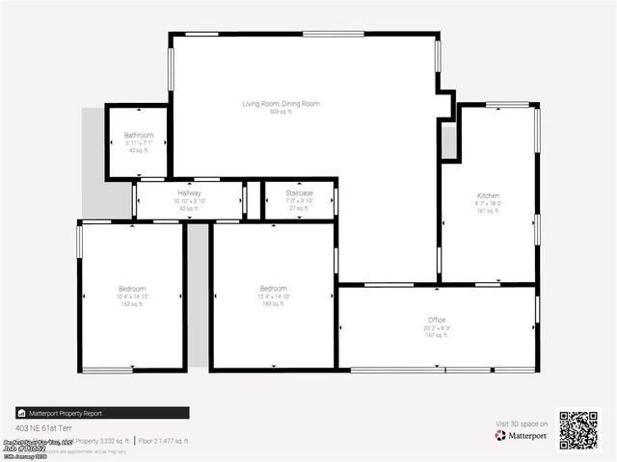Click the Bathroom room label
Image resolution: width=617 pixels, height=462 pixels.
[x=139, y=135]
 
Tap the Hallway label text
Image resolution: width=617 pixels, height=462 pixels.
[x=189, y=192]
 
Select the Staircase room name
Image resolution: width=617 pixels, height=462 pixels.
[x=300, y=192]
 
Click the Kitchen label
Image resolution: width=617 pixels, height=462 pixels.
[x=488, y=195]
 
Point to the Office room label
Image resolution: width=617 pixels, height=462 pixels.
[x=437, y=320]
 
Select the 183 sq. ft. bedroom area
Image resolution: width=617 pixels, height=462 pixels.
[x=273, y=304]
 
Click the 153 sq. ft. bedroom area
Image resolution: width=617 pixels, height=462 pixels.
[x=132, y=304]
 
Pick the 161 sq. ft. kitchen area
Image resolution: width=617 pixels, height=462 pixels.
[x=488, y=211]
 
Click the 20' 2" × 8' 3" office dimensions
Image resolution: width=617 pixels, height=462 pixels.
[x=437, y=328]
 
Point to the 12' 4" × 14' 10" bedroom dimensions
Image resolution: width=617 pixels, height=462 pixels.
[x=273, y=296]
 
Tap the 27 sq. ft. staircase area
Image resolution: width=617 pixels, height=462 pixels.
[x=300, y=208]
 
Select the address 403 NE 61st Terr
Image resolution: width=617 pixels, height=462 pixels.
[x=44, y=427]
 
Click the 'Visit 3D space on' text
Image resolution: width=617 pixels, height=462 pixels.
[x=522, y=423]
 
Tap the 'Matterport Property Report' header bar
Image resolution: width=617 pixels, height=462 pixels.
[x=67, y=413]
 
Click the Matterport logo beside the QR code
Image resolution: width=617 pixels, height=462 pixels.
[x=522, y=436]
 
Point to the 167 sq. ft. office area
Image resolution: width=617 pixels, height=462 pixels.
[x=437, y=336]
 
